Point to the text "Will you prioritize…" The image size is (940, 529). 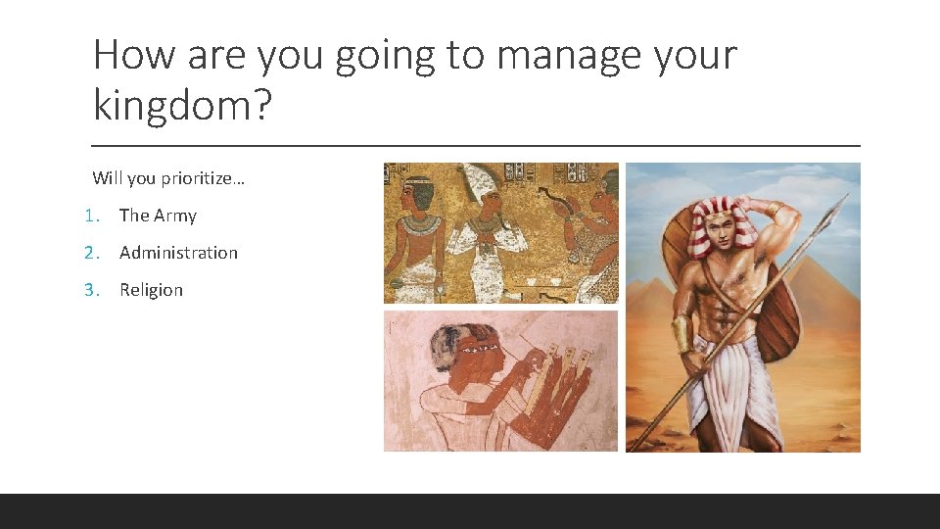pos(168,178)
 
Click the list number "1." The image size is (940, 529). pos(91,216)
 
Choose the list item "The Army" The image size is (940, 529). pos(158,216)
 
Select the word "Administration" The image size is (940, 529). pos(178,253)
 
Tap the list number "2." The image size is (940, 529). pos(91,253)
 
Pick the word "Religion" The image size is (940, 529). pos(151,290)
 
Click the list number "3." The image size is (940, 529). pos(91,290)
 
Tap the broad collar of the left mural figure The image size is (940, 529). pos(420,223)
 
